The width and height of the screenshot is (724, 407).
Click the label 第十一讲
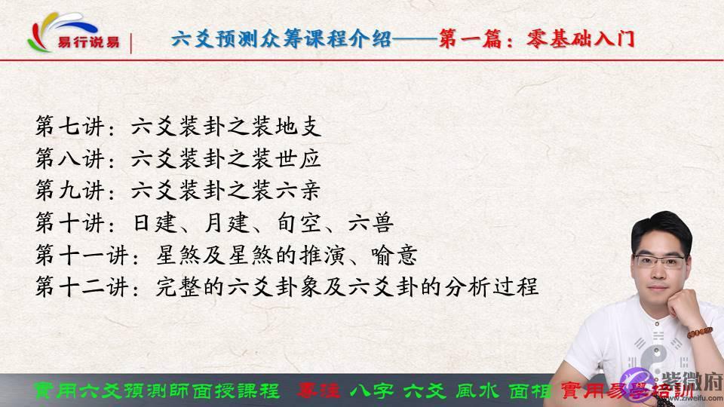pyautogui.click(x=78, y=256)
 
